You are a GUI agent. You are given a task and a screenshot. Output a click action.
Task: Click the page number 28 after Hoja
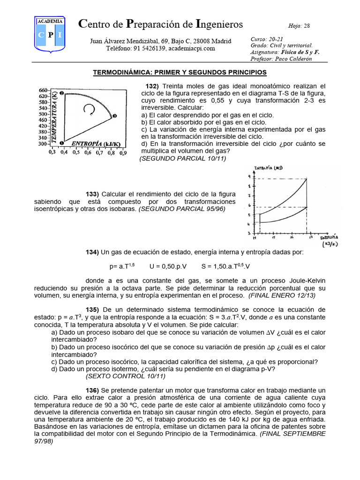tap(307, 26)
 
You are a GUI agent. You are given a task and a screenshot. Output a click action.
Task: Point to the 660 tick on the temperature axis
tap(43, 90)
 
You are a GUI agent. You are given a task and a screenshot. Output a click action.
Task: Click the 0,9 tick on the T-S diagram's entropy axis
tap(123, 152)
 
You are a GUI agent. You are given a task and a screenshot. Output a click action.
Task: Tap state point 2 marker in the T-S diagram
tap(61, 94)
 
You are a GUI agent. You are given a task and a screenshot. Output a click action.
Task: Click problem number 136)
tap(92, 390)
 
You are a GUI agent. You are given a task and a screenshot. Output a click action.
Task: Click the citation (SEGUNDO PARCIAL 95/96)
tap(181, 209)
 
